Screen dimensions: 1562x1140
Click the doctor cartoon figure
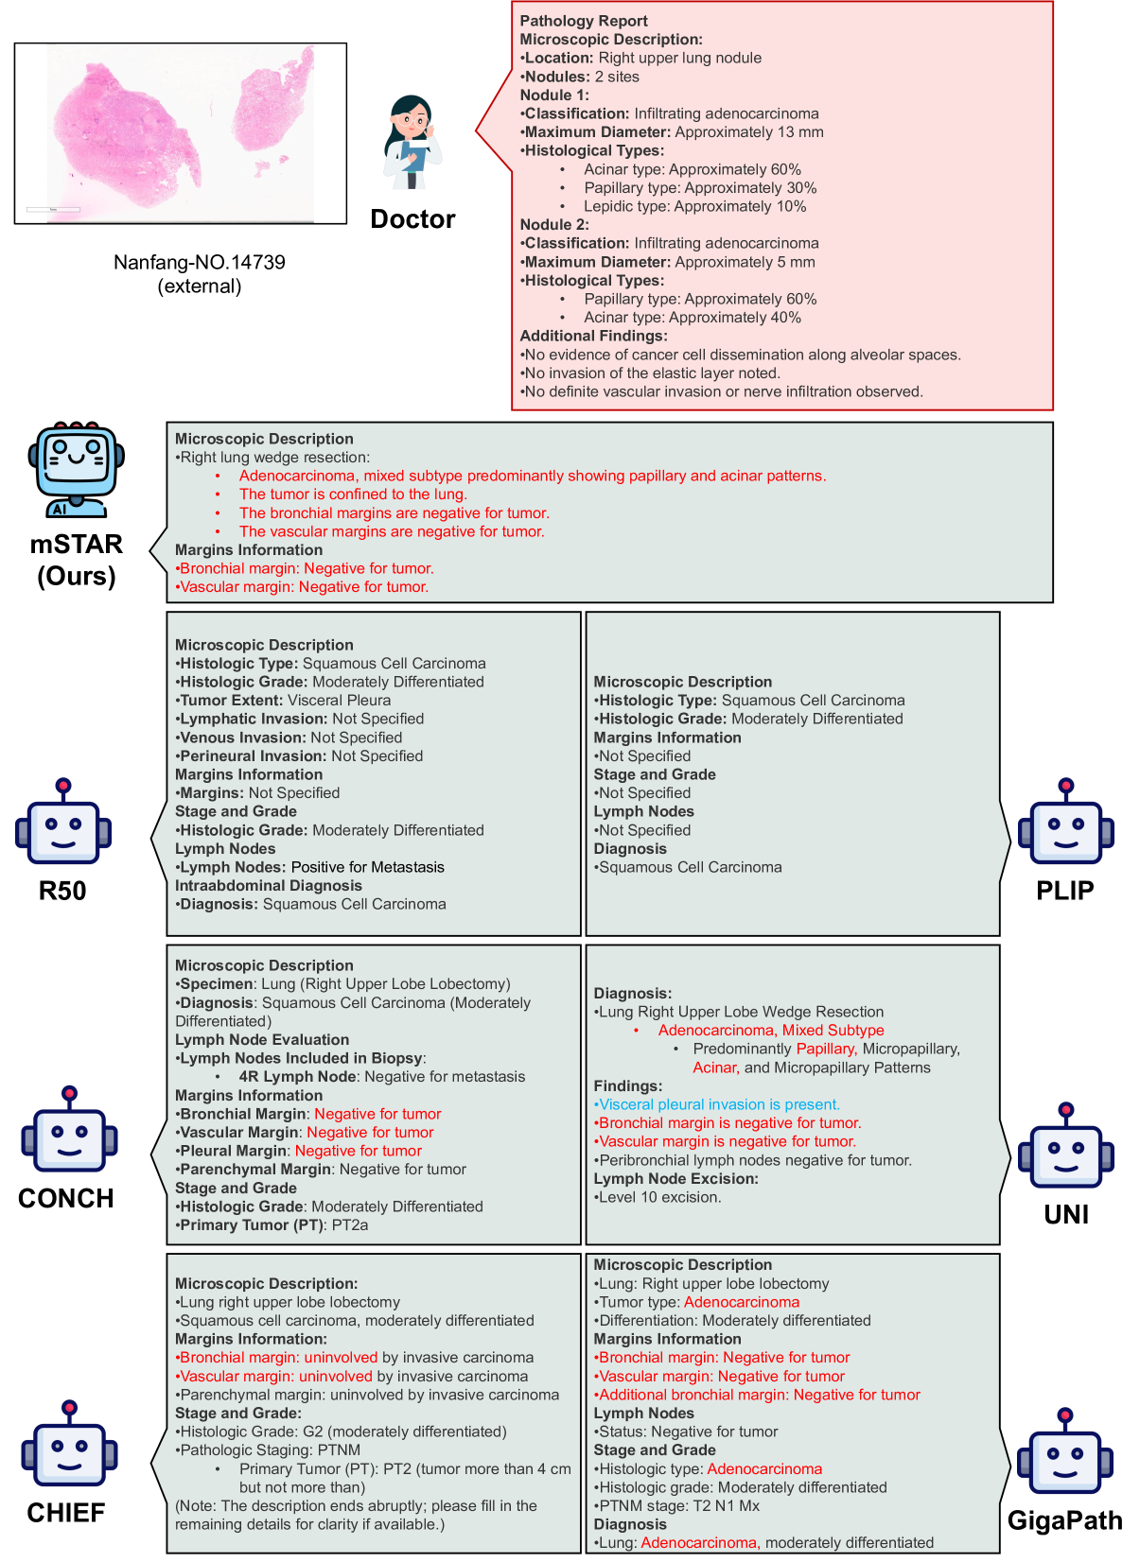point(412,142)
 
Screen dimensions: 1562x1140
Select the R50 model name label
point(62,891)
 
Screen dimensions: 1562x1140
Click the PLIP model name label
point(1065,891)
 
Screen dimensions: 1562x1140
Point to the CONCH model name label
point(66,1198)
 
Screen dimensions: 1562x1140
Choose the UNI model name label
point(1066,1214)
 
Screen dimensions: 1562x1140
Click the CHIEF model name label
point(66,1513)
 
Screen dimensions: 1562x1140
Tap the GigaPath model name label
point(1065,1520)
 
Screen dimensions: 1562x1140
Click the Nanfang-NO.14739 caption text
point(200,263)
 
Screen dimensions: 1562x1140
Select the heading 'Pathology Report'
point(584,21)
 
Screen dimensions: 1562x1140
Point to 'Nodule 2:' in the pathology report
point(554,224)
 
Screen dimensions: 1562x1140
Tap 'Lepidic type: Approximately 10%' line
point(695,206)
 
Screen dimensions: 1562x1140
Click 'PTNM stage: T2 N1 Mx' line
point(679,1506)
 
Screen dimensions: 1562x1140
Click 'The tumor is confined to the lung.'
point(353,495)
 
